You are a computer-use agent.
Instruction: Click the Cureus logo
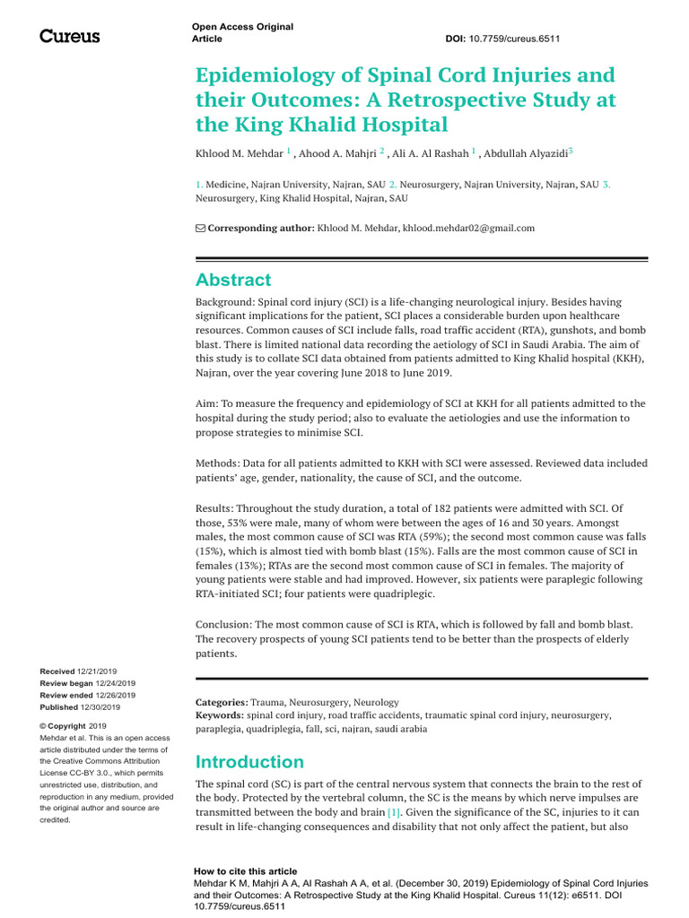[70, 37]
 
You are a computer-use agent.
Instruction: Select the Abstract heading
[233, 280]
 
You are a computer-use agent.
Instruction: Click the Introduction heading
[249, 762]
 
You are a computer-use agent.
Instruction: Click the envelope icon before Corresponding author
[200, 229]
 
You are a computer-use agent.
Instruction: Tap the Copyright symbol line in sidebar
[73, 725]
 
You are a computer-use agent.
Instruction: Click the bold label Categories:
[222, 702]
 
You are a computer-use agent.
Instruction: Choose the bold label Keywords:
[220, 715]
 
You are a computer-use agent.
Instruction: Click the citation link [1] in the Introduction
[393, 811]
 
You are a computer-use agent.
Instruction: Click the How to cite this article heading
[245, 871]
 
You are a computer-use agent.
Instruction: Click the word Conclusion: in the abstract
[227, 623]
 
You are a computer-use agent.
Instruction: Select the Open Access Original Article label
[242, 33]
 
